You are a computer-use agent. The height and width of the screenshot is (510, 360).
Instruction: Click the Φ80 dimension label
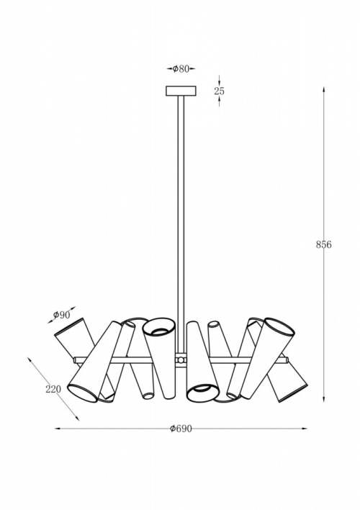click(181, 69)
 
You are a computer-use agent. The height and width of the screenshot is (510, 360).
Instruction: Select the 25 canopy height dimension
click(219, 91)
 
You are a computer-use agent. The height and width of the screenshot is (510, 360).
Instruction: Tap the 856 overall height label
click(324, 245)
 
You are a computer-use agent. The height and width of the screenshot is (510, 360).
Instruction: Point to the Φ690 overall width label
click(181, 429)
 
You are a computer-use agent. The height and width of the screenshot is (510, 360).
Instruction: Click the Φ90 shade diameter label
click(62, 315)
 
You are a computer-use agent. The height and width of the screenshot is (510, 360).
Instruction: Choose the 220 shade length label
click(53, 389)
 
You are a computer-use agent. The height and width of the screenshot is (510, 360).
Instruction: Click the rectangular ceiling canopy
click(181, 91)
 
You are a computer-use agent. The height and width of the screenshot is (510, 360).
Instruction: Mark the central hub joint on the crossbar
click(181, 360)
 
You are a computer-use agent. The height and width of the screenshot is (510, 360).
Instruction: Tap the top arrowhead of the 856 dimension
click(324, 89)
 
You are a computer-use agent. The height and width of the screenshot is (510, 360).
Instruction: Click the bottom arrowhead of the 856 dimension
click(324, 399)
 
